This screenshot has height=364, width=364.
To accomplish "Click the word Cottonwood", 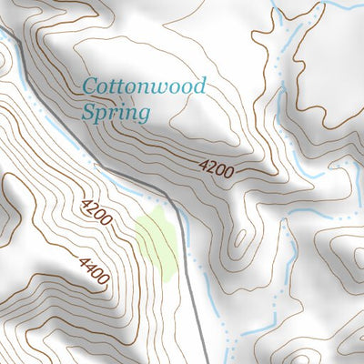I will coord(145,87).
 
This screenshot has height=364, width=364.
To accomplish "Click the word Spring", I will coord(115,114).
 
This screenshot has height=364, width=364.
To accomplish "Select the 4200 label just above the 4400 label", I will coord(96,213).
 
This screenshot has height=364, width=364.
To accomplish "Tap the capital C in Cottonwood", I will coord(89,87).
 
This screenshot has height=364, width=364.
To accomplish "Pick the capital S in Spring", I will coord(87,114).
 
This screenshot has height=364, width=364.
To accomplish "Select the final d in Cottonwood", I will coord(199,87).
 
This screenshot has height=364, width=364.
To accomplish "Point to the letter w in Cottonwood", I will coord(159,88).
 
